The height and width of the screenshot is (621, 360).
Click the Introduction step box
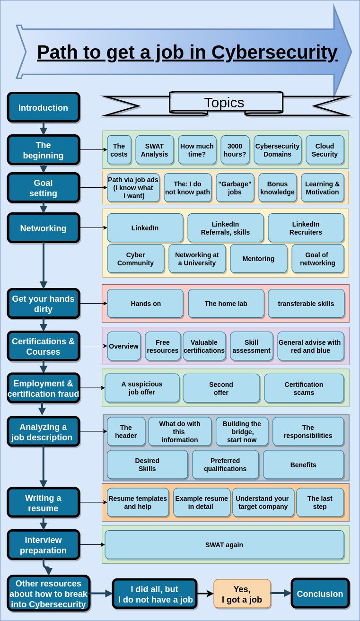tap(43, 107)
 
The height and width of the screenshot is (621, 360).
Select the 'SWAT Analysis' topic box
tap(154, 150)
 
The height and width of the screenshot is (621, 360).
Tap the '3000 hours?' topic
tap(235, 150)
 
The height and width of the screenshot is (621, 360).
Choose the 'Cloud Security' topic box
tap(325, 150)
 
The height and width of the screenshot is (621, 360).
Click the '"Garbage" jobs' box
tap(235, 188)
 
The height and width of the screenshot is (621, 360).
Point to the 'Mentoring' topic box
tap(258, 259)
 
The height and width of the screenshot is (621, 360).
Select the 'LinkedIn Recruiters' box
tap(306, 228)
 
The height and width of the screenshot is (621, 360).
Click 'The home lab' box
tap(226, 304)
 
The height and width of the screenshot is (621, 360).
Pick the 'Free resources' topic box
tap(163, 346)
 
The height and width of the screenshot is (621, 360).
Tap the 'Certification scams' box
tap(304, 388)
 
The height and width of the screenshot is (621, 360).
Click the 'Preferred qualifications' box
tap(225, 464)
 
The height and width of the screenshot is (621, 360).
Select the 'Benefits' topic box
tap(303, 464)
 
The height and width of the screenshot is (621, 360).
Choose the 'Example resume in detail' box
tap(202, 502)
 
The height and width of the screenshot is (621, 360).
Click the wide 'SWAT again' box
tap(224, 545)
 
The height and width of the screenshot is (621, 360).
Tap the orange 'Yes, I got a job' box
tap(242, 594)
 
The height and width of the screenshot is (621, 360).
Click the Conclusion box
tap(320, 594)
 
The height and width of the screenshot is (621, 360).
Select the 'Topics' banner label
tap(224, 103)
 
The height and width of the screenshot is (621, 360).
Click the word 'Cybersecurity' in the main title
tap(274, 52)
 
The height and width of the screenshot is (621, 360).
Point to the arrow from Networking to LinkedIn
tap(93, 228)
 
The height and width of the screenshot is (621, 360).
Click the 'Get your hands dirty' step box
tap(43, 304)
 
